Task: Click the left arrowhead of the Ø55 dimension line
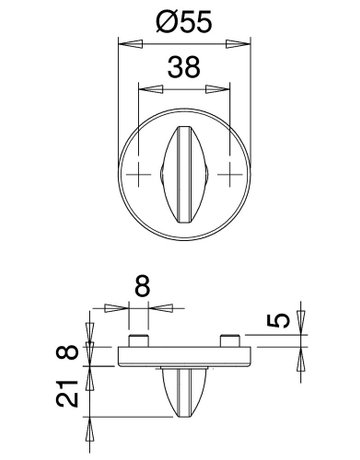pos(125,43)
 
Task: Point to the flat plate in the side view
pos(186,354)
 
